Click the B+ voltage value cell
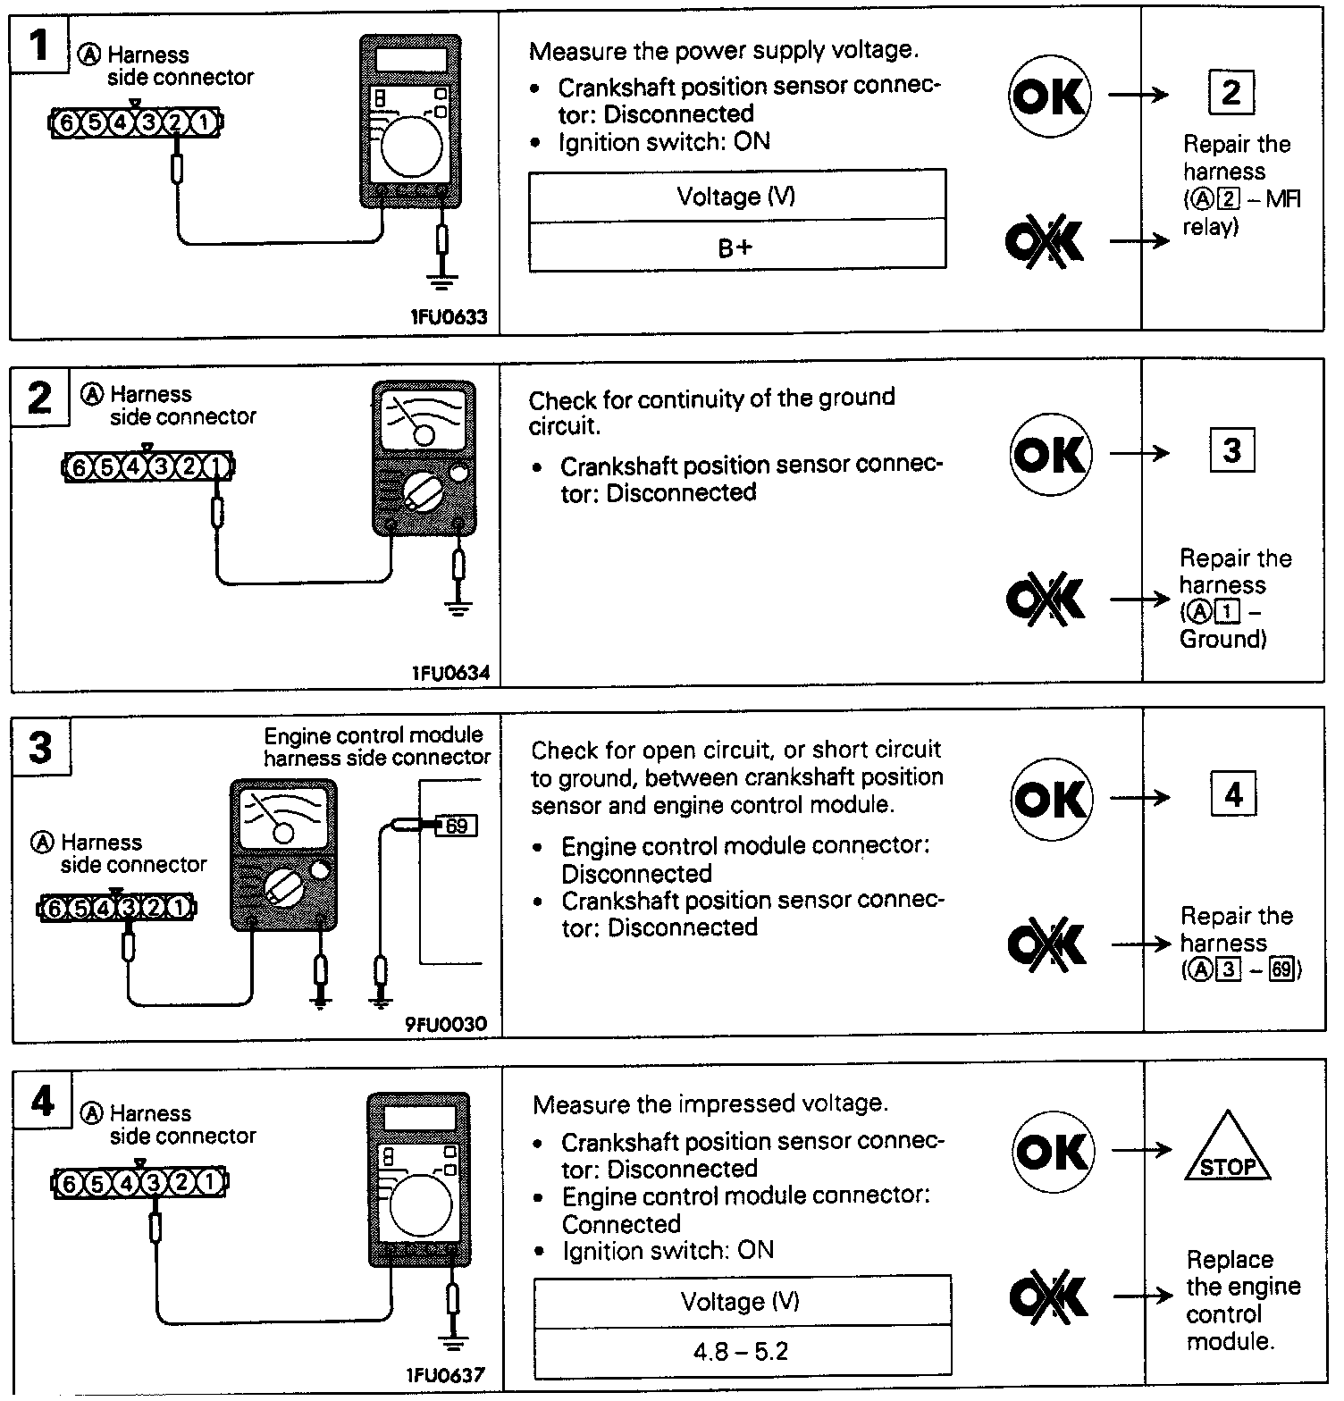pos(736,247)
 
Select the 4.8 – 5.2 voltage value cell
pos(741,1350)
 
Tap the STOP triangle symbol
pos(1227,1153)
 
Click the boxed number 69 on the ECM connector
pos(457,826)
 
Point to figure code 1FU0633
pos(449,317)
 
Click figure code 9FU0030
pos(447,1023)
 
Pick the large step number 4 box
pos(42,1102)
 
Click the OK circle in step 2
pos(1051,454)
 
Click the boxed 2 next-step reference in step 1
pos(1231,92)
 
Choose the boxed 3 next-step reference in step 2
pos(1231,450)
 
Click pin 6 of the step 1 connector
pos(65,123)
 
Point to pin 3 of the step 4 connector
pos(154,1184)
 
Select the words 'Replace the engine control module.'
pos(1242,1300)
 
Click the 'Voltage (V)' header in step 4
pos(741,1301)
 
